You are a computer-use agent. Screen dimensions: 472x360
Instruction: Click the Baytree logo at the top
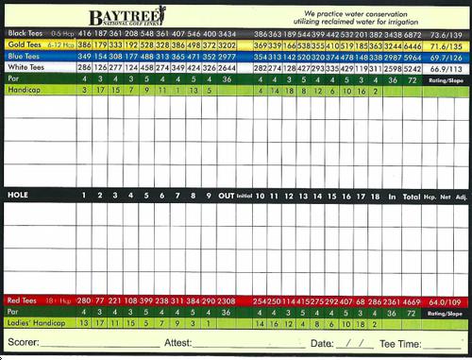(x=127, y=16)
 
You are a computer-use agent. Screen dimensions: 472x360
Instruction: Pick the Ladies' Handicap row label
(x=32, y=323)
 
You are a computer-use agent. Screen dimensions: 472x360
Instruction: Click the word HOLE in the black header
(x=18, y=196)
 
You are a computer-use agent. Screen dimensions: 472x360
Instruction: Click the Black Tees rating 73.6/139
(x=446, y=32)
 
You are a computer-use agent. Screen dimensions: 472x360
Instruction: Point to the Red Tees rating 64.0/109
(x=446, y=300)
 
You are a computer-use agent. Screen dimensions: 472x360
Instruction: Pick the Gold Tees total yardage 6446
(x=413, y=44)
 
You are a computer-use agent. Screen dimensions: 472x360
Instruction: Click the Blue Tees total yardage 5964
(x=413, y=57)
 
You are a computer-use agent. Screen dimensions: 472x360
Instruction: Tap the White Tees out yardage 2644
(x=227, y=69)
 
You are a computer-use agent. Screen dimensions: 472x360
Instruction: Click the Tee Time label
(x=400, y=343)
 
